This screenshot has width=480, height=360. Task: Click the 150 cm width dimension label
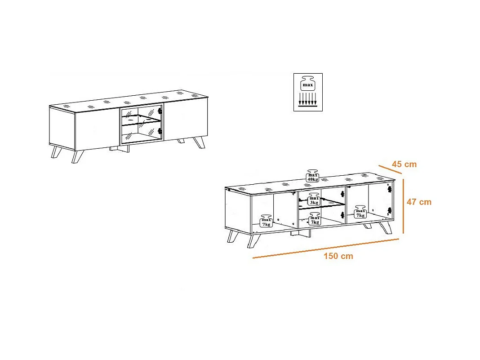[x=338, y=256]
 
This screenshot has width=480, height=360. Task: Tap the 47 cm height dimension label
[x=419, y=202]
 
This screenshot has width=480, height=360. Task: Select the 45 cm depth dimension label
[x=404, y=164]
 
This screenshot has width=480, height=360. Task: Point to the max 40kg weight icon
[x=312, y=176]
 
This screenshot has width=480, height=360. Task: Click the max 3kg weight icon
[x=314, y=199]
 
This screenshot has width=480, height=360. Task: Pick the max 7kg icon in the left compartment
[x=266, y=221]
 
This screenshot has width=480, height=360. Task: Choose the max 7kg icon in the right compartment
[x=360, y=212]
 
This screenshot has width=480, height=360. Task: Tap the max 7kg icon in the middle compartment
[x=315, y=219]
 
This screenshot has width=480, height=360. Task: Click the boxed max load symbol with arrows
[x=308, y=92]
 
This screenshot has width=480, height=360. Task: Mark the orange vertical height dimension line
[x=403, y=206]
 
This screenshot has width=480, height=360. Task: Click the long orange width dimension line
[x=326, y=249]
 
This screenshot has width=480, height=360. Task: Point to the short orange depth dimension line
[x=390, y=169]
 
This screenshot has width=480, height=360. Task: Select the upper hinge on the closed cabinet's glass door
[x=159, y=111]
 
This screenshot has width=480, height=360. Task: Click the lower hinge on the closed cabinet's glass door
[x=159, y=131]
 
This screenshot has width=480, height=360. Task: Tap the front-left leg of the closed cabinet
[x=77, y=156]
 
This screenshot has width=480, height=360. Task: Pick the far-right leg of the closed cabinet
[x=200, y=142]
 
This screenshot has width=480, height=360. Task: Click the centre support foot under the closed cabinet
[x=120, y=149]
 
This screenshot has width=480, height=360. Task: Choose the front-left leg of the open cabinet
[x=253, y=241]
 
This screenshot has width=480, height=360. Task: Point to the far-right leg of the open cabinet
[x=386, y=227]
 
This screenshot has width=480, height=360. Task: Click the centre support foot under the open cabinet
[x=300, y=234]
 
